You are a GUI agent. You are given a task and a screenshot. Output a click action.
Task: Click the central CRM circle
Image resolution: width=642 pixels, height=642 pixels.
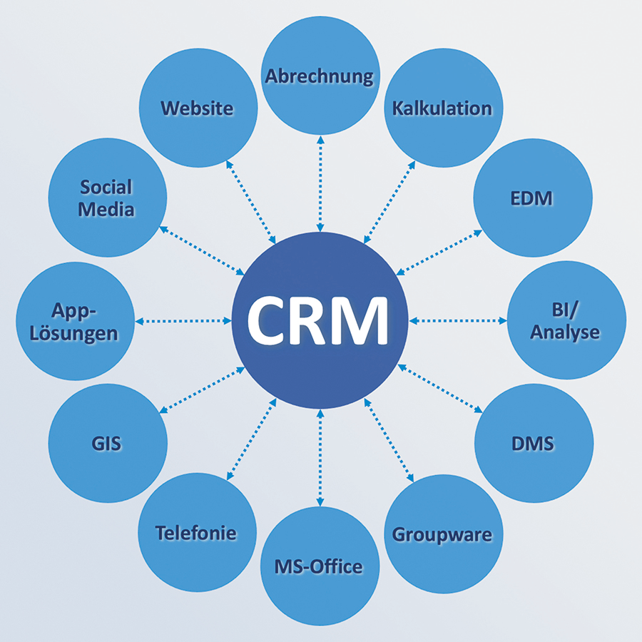click(320, 321)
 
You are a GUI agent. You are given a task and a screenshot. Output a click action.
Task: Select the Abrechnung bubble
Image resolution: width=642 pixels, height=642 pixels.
click(320, 77)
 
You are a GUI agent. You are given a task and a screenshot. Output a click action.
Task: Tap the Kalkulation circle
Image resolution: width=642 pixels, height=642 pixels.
click(442, 108)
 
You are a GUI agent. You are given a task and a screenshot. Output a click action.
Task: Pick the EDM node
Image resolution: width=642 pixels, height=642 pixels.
click(533, 198)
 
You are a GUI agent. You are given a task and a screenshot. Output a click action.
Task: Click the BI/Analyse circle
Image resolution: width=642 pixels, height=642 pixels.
click(566, 321)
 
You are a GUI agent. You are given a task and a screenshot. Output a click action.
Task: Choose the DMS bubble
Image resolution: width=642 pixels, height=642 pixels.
click(533, 444)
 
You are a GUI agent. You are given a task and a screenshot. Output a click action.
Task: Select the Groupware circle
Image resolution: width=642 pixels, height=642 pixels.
click(442, 534)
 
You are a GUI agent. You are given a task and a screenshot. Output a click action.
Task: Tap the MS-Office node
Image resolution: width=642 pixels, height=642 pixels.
click(320, 566)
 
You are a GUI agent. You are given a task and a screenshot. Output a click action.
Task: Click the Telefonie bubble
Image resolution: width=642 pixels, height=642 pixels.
click(197, 532)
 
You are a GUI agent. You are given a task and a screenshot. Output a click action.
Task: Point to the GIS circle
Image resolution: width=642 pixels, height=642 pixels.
click(108, 444)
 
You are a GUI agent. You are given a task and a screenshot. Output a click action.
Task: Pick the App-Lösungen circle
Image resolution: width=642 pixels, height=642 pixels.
click(75, 321)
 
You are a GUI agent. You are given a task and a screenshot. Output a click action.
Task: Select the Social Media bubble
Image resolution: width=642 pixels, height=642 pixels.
click(108, 198)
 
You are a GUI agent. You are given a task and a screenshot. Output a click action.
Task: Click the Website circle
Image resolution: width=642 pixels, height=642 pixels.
click(198, 108)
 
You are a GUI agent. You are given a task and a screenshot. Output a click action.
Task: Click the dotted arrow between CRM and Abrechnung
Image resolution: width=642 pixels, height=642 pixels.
click(320, 185)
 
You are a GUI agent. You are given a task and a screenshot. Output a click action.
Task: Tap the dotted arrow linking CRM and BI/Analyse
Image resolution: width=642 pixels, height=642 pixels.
click(457, 321)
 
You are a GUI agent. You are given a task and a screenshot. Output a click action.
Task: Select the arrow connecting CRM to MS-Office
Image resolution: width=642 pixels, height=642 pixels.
click(320, 457)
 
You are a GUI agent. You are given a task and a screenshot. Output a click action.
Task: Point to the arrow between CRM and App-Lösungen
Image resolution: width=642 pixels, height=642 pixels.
click(184, 321)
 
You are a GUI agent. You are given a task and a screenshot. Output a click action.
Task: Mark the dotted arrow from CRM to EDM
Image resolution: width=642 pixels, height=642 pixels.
click(438, 253)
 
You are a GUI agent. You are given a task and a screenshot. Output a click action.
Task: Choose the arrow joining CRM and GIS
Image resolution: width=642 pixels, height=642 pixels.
click(203, 389)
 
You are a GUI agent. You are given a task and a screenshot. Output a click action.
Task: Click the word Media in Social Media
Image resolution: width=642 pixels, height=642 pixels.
click(106, 210)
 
